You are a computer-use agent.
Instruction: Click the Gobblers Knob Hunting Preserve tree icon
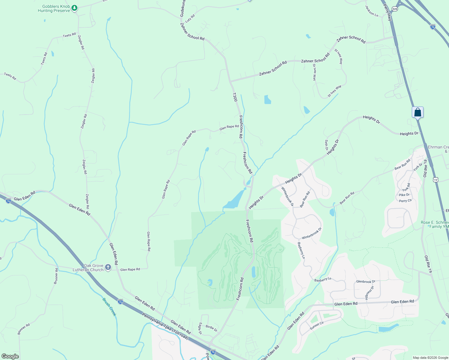pos(75,8)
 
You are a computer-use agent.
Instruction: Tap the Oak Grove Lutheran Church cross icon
pos(108,267)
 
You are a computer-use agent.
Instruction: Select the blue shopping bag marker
pos(417,113)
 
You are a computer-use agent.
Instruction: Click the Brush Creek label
pos(109,307)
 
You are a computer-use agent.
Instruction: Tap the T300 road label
pos(235,97)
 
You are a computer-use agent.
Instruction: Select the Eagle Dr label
pos(200,328)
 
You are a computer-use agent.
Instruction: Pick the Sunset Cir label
pos(317,325)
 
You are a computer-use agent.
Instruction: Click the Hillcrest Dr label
pos(369,292)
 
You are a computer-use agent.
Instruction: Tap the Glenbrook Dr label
pos(366,281)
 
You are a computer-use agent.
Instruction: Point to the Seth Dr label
pos(327,145)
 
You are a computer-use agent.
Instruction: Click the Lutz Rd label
pos(190,19)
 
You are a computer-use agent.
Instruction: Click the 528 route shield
pos(395,9)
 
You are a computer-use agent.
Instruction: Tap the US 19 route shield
pos(435,179)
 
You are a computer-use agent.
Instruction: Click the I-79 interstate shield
pos(432,27)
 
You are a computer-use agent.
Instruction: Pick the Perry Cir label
pos(405,201)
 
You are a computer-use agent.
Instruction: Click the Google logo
pos(10,356)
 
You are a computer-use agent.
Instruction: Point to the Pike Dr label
pos(404,195)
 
